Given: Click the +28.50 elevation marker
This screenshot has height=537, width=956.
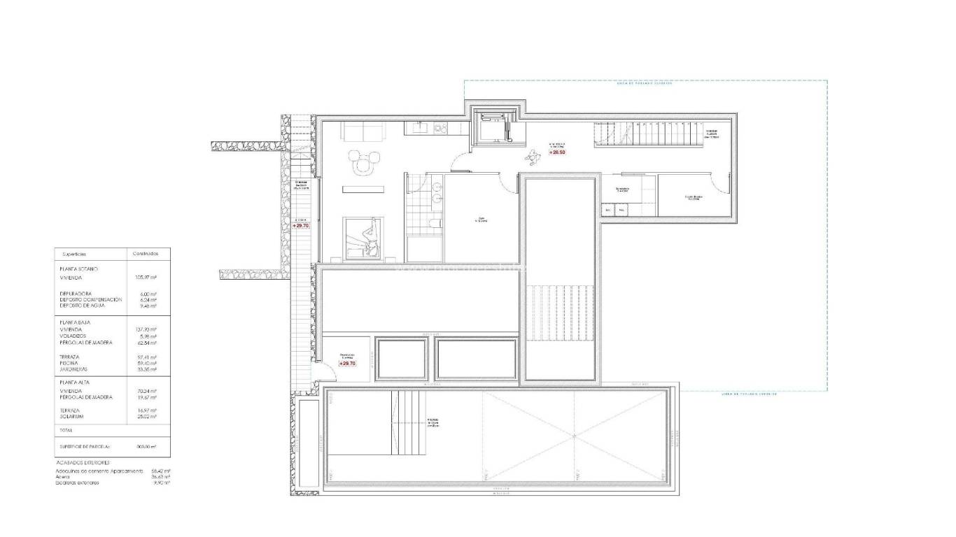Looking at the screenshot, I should click(557, 152).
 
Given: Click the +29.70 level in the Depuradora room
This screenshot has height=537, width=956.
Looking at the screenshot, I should click(348, 364).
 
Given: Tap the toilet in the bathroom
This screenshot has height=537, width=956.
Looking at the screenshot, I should click(435, 222).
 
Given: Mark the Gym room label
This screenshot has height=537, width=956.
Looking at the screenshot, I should click(480, 220).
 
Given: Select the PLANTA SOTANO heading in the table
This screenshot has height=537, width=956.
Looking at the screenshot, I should click(78, 268).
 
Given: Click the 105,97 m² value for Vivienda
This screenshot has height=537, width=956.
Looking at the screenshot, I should click(145, 278).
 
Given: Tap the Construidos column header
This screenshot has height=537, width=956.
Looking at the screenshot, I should click(146, 254).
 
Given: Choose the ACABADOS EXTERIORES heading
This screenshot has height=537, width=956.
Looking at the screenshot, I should click(82, 463).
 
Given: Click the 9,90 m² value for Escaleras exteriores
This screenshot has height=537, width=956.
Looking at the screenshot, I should click(163, 482).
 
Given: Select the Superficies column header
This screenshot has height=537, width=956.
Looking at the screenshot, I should click(74, 254).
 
